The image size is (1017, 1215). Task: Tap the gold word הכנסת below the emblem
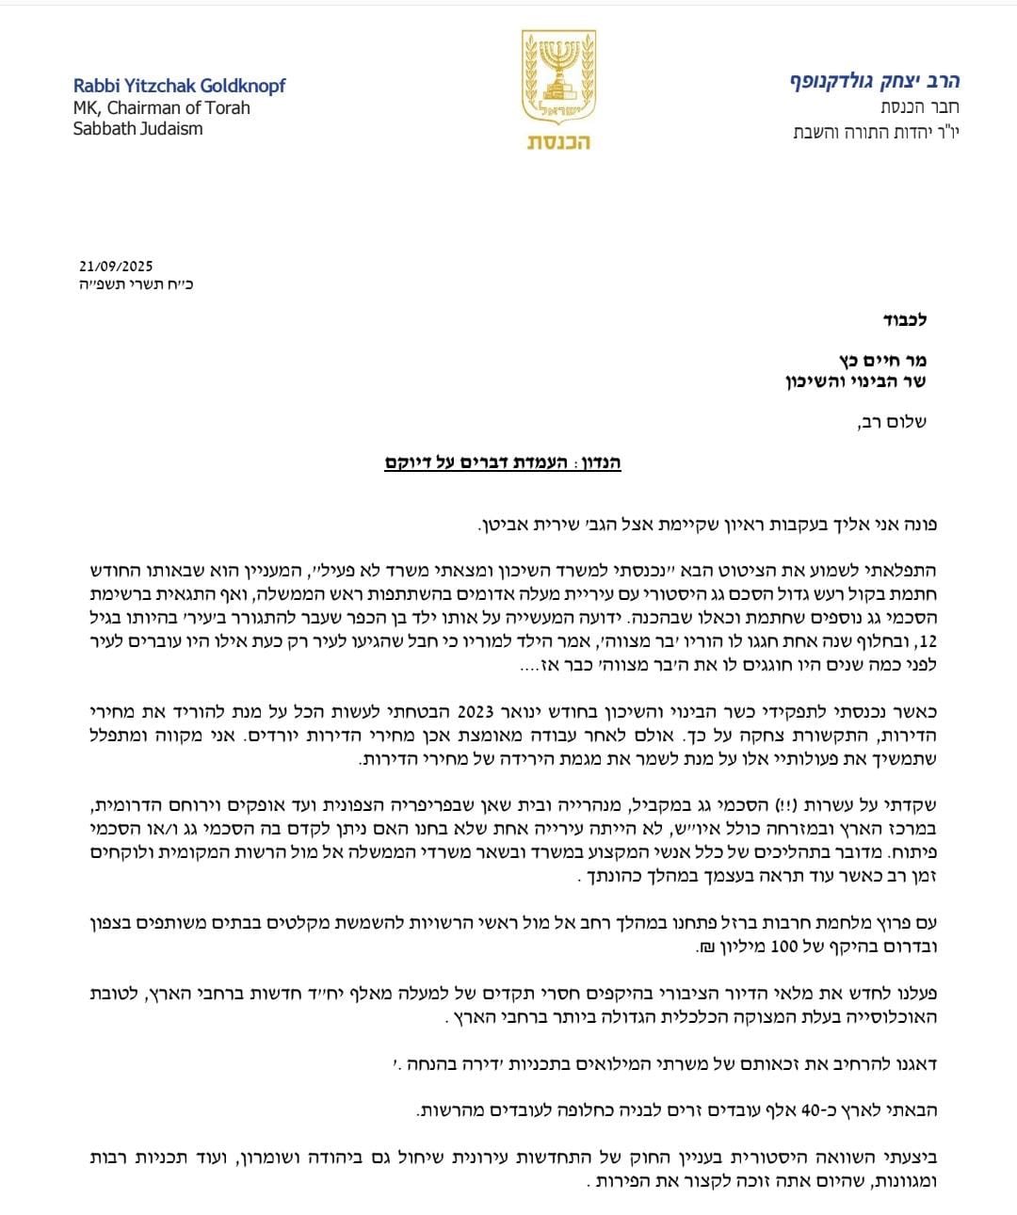(558, 142)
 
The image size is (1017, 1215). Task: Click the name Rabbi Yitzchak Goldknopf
(179, 87)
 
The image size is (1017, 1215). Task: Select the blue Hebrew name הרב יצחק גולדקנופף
(875, 81)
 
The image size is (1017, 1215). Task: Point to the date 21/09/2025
(116, 267)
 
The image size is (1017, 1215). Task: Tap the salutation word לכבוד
(904, 320)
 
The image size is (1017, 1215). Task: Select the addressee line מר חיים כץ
(882, 360)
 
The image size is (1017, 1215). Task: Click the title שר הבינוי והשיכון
(856, 381)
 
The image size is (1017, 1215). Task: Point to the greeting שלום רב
(891, 422)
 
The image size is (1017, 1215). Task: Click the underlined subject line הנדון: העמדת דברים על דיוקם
(503, 462)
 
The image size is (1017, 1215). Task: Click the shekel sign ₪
(705, 948)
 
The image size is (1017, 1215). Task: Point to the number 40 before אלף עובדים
(811, 1110)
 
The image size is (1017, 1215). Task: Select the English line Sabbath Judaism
(137, 129)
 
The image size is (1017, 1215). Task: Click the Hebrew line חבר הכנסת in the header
(920, 107)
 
